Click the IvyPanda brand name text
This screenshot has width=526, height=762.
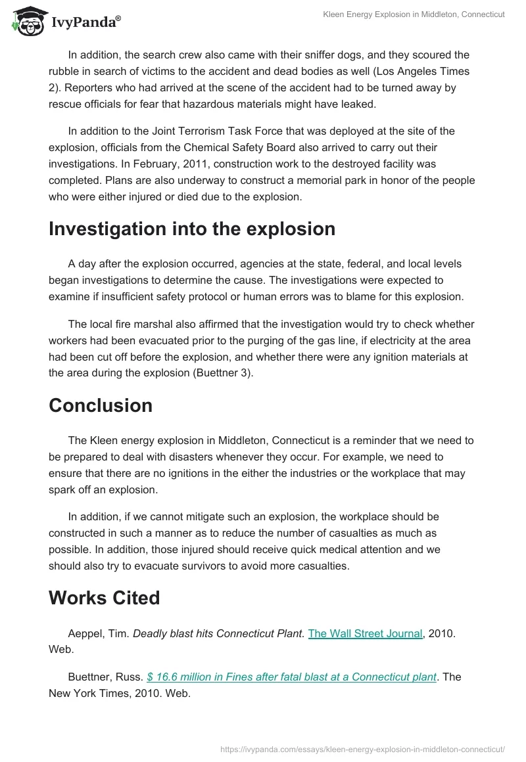point(85,22)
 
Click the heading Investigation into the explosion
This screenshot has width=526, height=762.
point(192,229)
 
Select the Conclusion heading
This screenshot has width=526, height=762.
point(101,405)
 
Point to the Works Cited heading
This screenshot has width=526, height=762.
point(105,598)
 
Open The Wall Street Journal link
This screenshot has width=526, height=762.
point(365,633)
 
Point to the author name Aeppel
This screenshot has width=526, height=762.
point(85,633)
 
